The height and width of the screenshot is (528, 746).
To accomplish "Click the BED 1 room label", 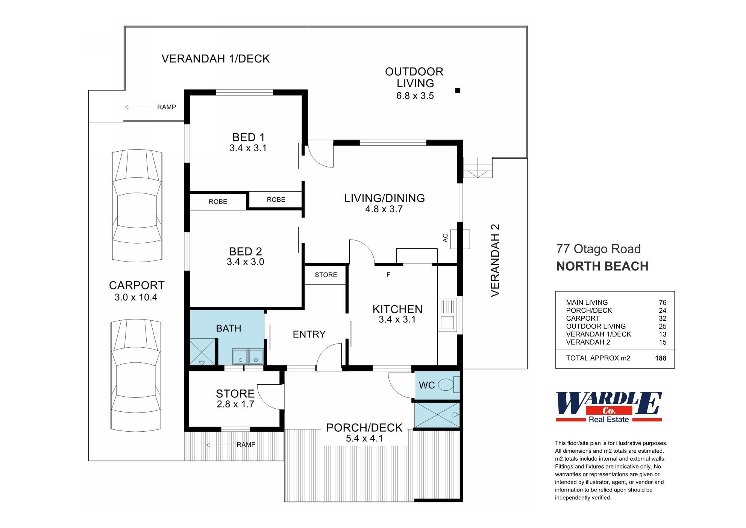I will point(248,137).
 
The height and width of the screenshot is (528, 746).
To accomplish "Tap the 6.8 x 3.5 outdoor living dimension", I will point(415,96).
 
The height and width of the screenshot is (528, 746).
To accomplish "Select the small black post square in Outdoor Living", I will point(458,90).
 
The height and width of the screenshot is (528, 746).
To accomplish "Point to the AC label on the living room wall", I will point(446,238).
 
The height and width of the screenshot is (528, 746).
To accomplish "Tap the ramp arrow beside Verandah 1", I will point(137,107).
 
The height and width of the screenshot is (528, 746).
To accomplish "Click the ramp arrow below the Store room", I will point(218,445).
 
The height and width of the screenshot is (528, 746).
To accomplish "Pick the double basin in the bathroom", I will point(247,356).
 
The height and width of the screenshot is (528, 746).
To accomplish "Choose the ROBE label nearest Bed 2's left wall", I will point(218,202).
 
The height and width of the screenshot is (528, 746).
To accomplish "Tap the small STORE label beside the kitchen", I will point(326,275).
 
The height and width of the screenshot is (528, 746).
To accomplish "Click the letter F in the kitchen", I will point(388,275).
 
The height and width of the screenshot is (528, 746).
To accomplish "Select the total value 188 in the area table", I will point(660,358).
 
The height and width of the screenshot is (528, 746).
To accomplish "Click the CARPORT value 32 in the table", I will point(662,318).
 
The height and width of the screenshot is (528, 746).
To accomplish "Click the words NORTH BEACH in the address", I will point(602,266).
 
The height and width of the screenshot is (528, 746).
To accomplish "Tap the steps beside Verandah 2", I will point(478,167).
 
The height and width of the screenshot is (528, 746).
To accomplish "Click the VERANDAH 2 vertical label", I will point(495,260).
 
